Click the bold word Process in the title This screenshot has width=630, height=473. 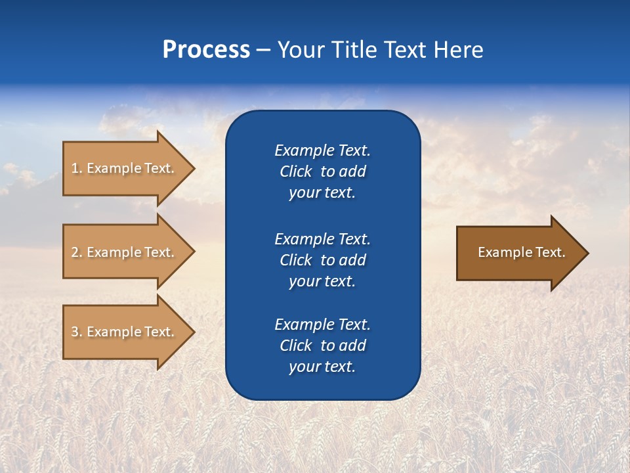pyautogui.click(x=206, y=50)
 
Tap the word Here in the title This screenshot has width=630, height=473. pyautogui.click(x=458, y=50)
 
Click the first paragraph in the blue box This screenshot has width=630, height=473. pyautogui.click(x=322, y=171)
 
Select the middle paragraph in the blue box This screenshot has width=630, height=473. pyautogui.click(x=322, y=260)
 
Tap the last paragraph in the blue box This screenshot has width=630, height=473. pyautogui.click(x=322, y=346)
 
